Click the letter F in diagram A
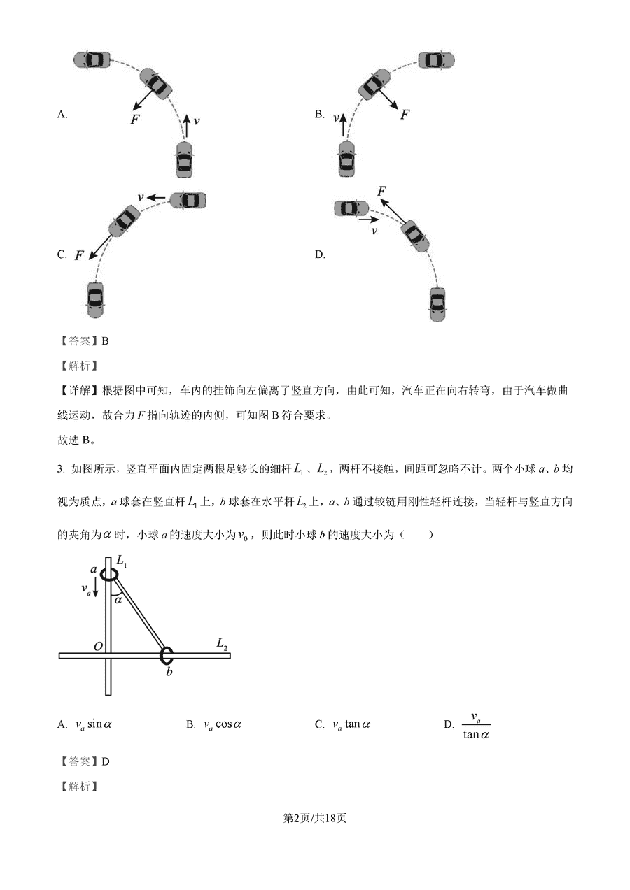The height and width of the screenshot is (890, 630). click(x=135, y=119)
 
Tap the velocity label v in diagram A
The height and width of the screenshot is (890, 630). click(x=197, y=121)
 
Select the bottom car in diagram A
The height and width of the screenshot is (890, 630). click(x=184, y=159)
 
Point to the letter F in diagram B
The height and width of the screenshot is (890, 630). click(x=405, y=114)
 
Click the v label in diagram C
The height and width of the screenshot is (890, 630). click(x=141, y=198)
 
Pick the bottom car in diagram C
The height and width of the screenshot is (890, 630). click(x=95, y=300)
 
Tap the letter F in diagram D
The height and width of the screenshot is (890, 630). click(x=381, y=192)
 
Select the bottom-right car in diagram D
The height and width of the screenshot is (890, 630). click(x=437, y=305)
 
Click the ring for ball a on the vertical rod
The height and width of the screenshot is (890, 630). click(x=109, y=575)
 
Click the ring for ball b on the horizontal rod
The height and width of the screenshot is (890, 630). click(x=167, y=656)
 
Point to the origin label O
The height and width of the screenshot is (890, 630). click(x=98, y=646)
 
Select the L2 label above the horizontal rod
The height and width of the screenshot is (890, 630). click(x=222, y=643)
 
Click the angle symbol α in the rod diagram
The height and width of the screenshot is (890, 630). click(x=118, y=599)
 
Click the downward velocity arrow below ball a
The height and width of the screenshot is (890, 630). click(x=96, y=589)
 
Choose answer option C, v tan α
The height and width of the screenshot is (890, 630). click(x=350, y=724)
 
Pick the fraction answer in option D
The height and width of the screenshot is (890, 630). click(x=476, y=726)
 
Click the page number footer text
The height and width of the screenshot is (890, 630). click(x=314, y=819)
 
